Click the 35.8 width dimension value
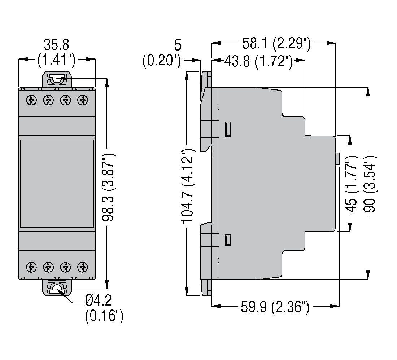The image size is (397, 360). click(x=57, y=45)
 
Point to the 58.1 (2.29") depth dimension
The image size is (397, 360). click(x=276, y=44)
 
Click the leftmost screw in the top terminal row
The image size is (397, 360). click(x=32, y=100)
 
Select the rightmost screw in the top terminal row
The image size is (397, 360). click(x=83, y=100)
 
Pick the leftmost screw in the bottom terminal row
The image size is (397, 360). click(x=32, y=267)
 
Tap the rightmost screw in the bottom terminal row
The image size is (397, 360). click(x=83, y=267)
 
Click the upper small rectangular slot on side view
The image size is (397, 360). click(x=228, y=129)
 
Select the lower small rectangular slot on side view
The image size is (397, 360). click(x=228, y=240)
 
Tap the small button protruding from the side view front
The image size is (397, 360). click(x=337, y=159)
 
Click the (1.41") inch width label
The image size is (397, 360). click(x=57, y=60)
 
